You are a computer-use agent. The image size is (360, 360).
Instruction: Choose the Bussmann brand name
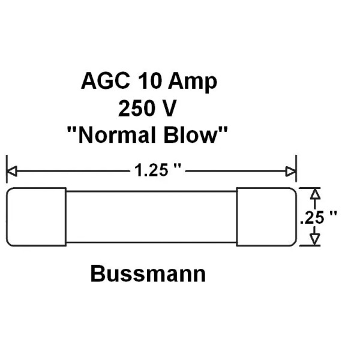148,274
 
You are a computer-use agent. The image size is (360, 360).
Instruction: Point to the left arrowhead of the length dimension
11,172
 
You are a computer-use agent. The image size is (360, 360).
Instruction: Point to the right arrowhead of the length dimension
292,172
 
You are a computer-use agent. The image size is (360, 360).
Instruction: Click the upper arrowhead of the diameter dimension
313,193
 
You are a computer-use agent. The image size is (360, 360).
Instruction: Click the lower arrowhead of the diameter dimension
313,240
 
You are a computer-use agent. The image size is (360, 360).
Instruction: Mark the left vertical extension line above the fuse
7,169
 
